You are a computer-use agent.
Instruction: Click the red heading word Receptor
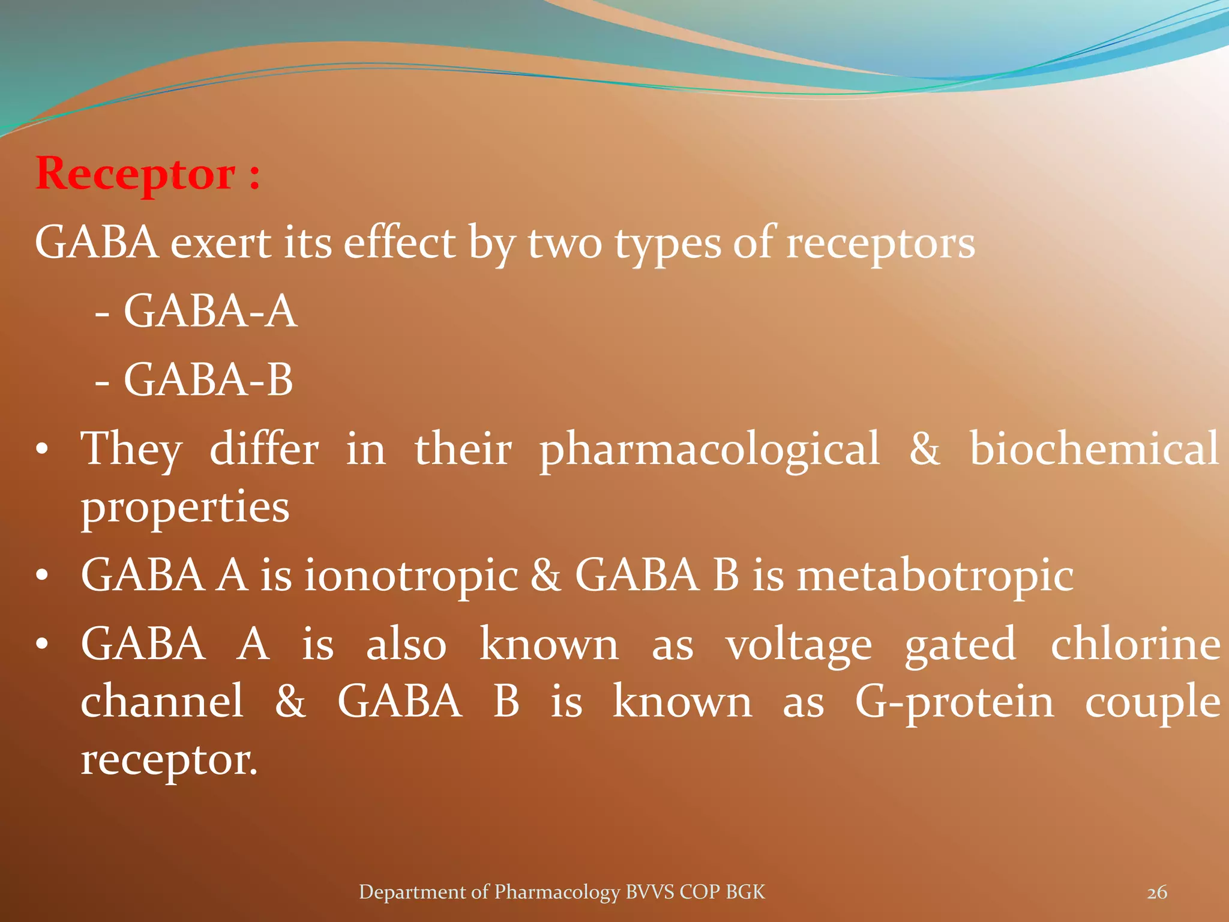[136, 174]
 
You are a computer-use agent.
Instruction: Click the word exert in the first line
[220, 243]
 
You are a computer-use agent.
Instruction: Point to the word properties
[185, 508]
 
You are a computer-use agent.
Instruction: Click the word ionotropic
[411, 575]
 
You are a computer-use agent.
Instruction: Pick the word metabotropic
[935, 575]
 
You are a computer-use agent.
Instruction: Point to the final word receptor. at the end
[169, 760]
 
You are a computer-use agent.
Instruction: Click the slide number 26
[1157, 893]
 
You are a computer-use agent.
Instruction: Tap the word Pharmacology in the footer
[556, 892]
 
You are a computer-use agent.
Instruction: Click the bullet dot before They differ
[41, 450]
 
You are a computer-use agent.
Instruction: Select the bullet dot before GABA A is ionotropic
[41, 576]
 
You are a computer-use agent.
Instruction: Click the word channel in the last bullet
[162, 701]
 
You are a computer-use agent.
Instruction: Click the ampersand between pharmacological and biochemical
[924, 449]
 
